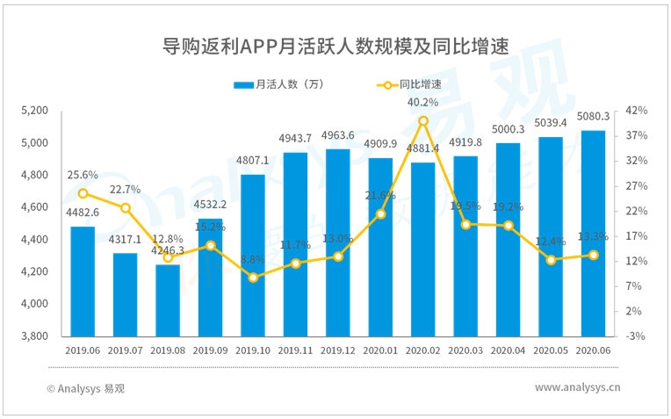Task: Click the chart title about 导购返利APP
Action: coord(335,47)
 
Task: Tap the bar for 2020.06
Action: coord(593,234)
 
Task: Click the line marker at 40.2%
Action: coord(423,120)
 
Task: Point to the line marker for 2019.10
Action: coord(253,278)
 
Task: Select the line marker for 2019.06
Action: coord(83,193)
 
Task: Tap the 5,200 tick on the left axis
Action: coord(34,111)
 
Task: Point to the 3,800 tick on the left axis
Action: coord(34,336)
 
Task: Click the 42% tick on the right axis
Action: coord(637,111)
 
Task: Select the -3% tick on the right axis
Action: coord(637,336)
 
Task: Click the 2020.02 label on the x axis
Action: coord(423,350)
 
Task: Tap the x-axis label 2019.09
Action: coord(211,350)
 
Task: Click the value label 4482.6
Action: coord(83,213)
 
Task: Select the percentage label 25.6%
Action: coord(83,175)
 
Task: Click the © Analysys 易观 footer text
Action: coord(86,388)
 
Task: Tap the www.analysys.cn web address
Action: coord(577,387)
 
